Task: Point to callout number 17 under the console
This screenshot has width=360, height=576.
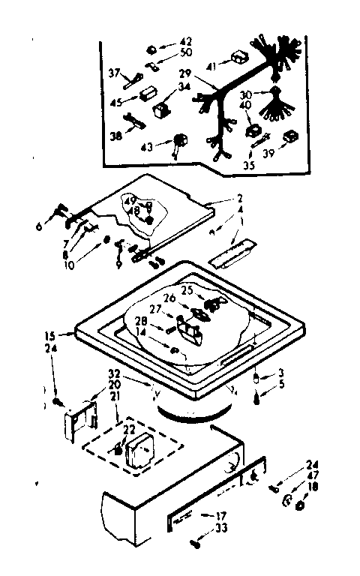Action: (x=220, y=515)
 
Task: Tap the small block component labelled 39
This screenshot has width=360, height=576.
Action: (x=290, y=137)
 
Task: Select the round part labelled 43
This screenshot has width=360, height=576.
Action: (x=180, y=141)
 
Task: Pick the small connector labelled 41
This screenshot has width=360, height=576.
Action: (x=239, y=57)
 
